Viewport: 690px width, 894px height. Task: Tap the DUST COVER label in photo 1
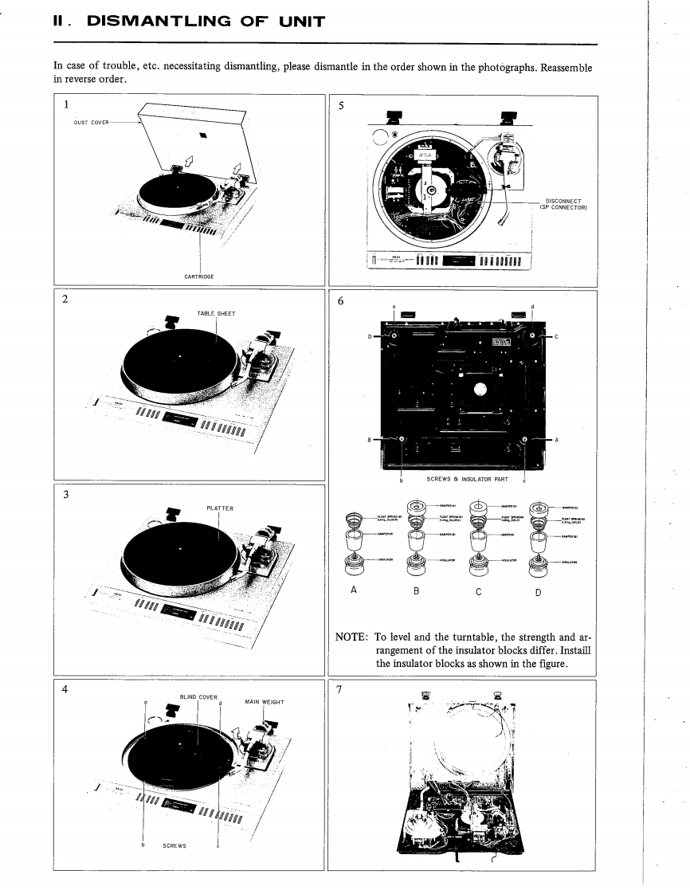(x=84, y=123)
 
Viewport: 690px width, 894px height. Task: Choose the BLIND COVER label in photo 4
(x=198, y=697)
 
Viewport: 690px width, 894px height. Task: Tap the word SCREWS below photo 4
(x=174, y=845)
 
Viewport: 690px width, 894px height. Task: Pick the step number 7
(x=339, y=690)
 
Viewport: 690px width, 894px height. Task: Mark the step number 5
(x=339, y=108)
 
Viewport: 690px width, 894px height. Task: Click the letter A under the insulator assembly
(x=352, y=590)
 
